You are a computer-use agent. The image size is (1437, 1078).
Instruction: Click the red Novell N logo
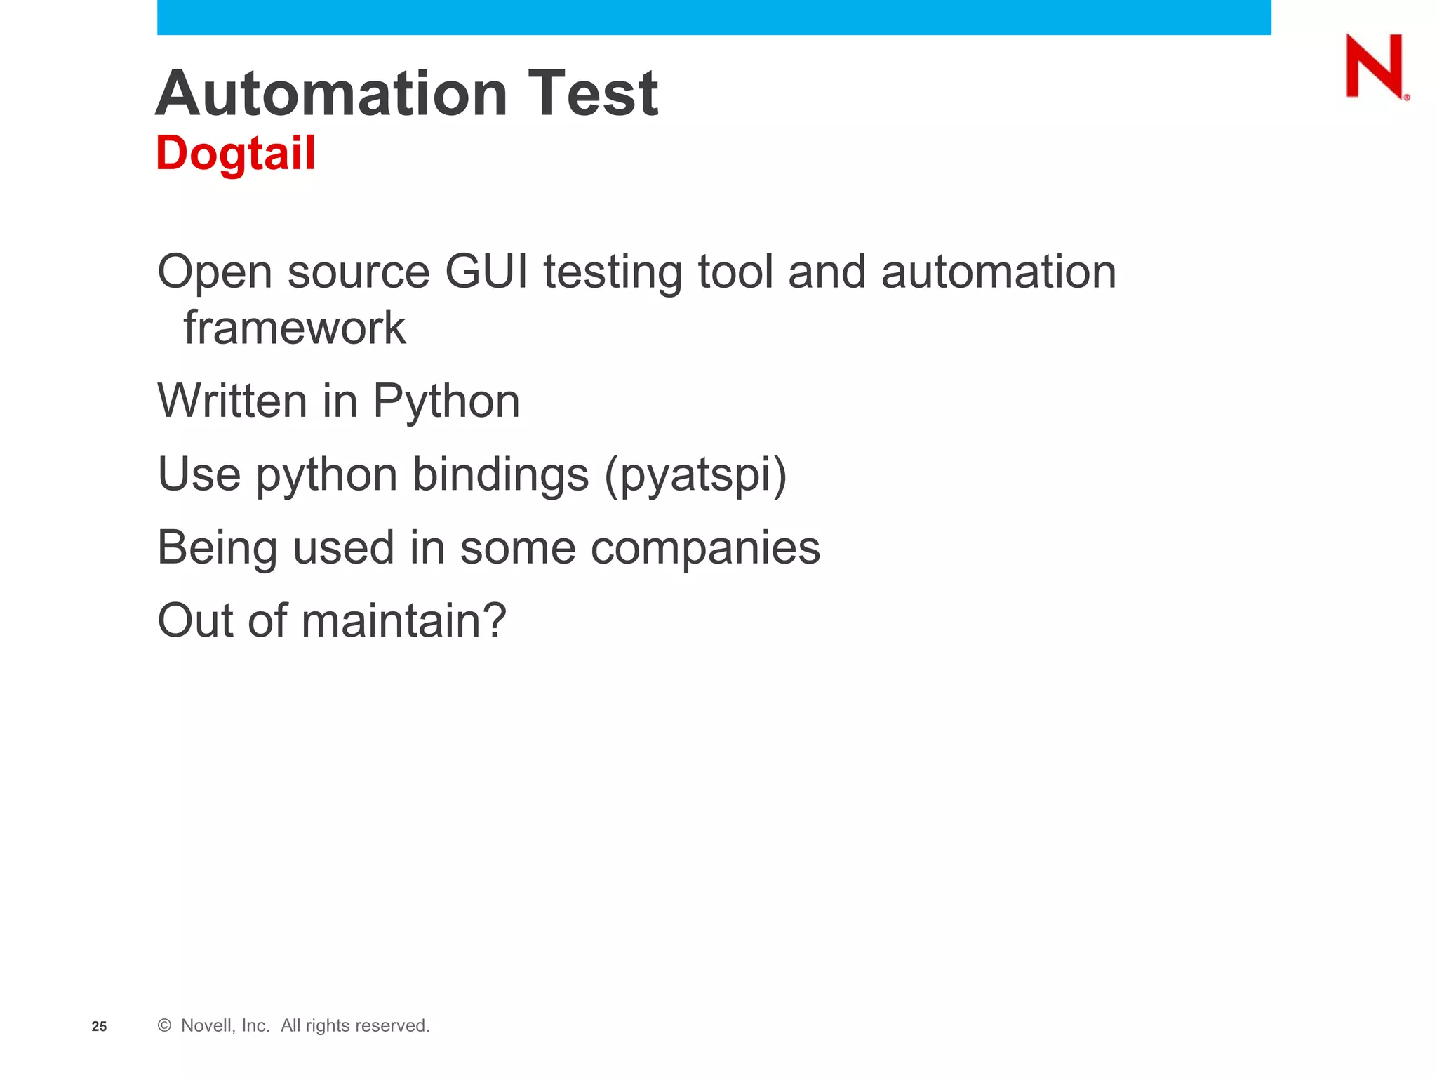point(1375,66)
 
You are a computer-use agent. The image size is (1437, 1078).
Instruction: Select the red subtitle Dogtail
point(236,153)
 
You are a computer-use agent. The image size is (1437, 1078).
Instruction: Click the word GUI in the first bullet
point(486,272)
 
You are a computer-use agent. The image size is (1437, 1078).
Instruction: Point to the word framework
point(295,328)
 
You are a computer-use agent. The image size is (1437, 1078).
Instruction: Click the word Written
point(232,401)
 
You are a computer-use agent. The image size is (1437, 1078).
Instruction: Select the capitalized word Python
point(446,402)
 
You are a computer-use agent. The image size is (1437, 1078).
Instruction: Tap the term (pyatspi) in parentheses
point(695,475)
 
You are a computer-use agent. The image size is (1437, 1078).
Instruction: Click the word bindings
point(500,475)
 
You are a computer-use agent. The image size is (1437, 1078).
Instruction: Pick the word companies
point(705,548)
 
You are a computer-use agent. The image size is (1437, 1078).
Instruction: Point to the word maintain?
point(403,621)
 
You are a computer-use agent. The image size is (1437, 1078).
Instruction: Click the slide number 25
point(100,1026)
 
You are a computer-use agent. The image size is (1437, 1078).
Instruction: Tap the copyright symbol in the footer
point(165,1025)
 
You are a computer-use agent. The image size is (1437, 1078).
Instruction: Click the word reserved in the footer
point(394,1025)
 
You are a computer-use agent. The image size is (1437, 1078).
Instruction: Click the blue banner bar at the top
point(714,17)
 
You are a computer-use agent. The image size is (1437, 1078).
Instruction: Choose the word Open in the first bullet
point(215,273)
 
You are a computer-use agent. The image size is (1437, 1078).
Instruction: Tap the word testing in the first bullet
point(613,273)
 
